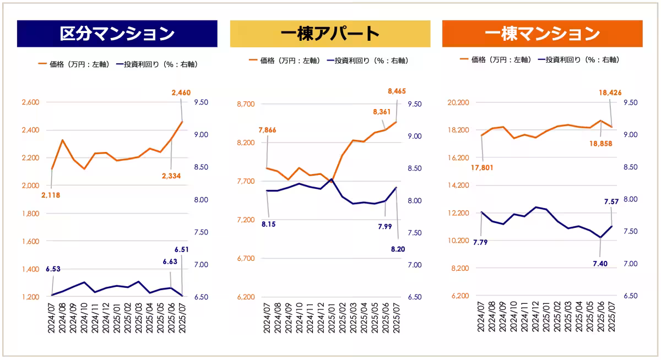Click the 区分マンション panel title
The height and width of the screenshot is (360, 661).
pos(117,34)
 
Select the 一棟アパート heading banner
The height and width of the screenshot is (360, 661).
pos(330,34)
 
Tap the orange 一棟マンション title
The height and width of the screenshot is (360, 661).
pos(542,34)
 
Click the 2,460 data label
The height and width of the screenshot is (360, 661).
pos(181,93)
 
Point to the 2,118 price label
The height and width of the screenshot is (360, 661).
pos(51,195)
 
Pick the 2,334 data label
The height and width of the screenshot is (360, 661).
pos(171,176)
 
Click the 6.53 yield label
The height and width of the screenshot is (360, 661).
pos(53,269)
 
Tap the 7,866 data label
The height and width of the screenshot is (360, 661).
pos(267,130)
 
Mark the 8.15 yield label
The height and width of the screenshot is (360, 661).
pos(269,225)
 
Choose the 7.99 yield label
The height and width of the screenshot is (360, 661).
pos(383,226)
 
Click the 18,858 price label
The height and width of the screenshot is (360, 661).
pos(600,143)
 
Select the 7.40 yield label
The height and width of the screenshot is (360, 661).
pos(599,264)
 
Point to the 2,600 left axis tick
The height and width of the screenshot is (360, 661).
pos(30,102)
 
